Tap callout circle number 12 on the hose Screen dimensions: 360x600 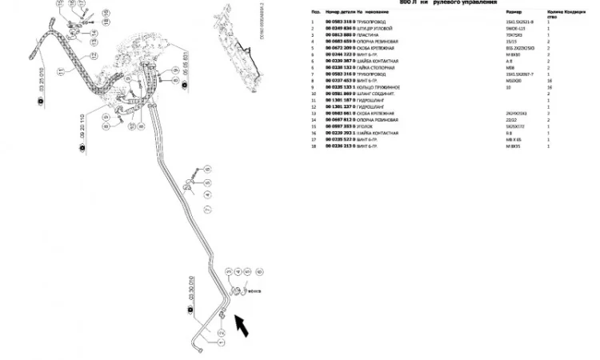[x=94, y=56]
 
